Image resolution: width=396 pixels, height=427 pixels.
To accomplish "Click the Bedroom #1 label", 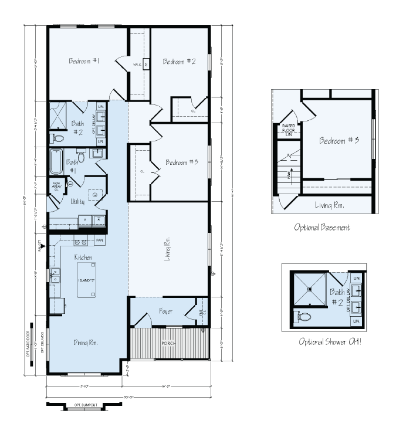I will point(84,62).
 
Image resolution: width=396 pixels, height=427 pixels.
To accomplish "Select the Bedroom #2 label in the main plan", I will point(179,62).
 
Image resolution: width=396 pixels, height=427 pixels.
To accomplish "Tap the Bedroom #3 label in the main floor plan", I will point(181,162).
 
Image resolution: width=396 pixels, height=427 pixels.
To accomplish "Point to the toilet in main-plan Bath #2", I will point(59,139).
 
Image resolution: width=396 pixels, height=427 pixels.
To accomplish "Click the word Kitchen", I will point(83,257).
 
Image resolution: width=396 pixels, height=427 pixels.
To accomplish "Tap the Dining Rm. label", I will point(86,343).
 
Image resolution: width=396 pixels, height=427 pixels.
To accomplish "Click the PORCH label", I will point(169,343).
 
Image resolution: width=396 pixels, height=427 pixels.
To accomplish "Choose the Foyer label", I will point(165,311).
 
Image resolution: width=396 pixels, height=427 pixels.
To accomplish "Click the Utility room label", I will point(77,201).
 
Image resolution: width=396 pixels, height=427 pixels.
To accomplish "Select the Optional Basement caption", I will point(323,226).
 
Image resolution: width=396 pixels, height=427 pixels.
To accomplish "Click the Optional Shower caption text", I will point(330,341).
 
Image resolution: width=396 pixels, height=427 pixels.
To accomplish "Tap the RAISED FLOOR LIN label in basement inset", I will point(289,131).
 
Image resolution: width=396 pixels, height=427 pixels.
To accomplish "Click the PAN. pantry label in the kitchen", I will point(100,240).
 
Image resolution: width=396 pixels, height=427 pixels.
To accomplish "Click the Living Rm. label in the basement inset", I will point(329,206).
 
